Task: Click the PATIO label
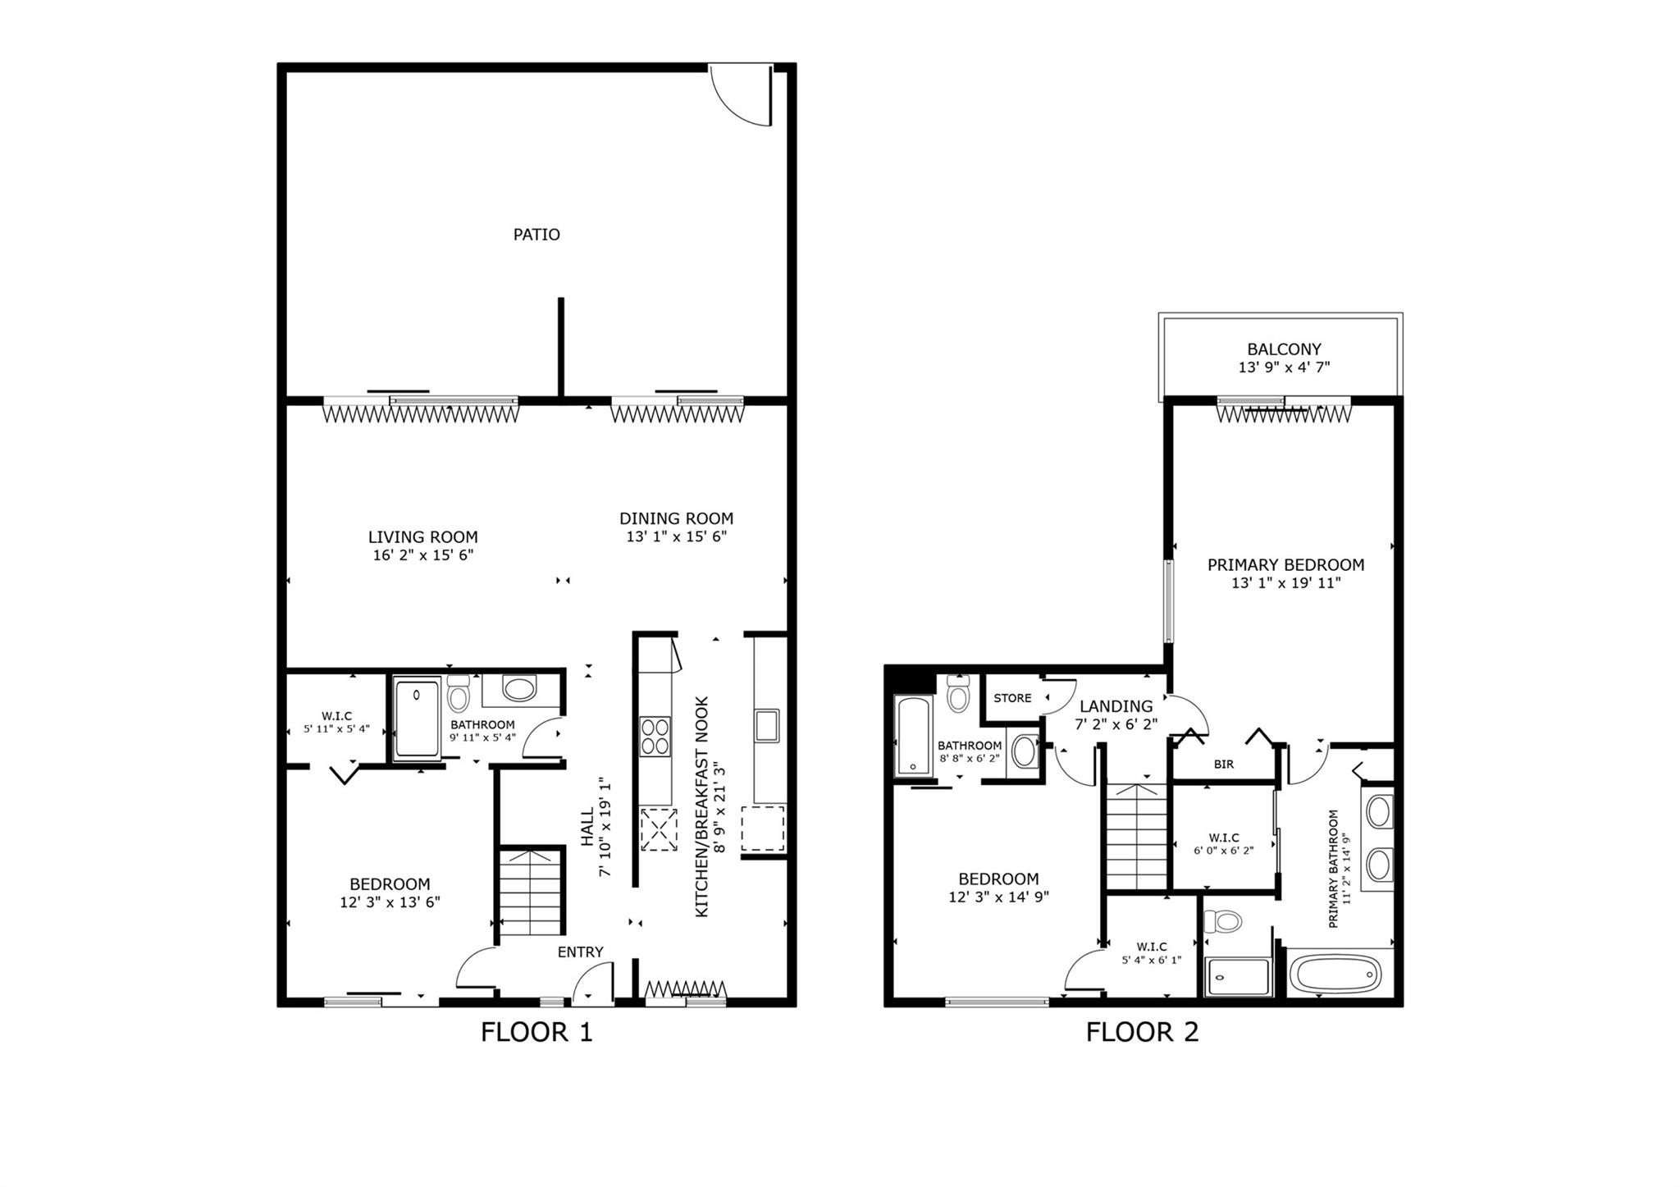[536, 235]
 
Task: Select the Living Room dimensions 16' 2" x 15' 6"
[422, 555]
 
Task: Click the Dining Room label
[676, 518]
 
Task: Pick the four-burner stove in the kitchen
[655, 736]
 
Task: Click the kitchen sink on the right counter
[766, 726]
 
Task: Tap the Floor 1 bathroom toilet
[459, 694]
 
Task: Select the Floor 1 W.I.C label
[336, 716]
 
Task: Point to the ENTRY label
[580, 952]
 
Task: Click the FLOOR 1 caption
[536, 1031]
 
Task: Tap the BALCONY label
[1284, 349]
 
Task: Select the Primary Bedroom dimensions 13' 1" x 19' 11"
[1285, 583]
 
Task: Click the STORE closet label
[1012, 698]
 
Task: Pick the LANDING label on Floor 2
[1116, 706]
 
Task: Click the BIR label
[1223, 765]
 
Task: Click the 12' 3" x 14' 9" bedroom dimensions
[998, 897]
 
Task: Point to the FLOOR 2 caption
[1142, 1031]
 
